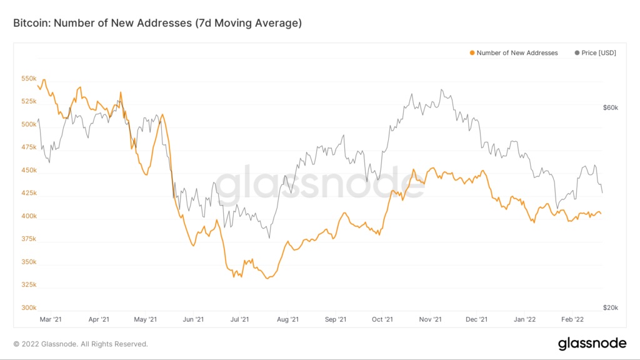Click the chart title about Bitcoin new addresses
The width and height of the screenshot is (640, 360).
[157, 23]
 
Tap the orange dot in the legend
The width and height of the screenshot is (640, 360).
[472, 53]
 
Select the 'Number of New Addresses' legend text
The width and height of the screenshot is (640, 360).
[517, 53]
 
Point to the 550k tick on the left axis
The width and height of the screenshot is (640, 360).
[29, 79]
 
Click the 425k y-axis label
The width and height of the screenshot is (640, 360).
[29, 193]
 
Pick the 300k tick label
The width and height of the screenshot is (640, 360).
[29, 308]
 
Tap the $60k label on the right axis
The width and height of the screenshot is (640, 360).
[610, 107]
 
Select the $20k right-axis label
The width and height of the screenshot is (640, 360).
[610, 308]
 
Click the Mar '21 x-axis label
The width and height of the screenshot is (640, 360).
[50, 319]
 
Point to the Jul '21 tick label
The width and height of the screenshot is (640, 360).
[240, 319]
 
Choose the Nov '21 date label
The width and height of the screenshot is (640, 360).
[430, 319]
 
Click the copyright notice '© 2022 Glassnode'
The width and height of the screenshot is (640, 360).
[81, 344]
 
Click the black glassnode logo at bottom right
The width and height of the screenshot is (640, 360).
[592, 343]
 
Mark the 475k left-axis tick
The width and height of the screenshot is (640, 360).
[29, 147]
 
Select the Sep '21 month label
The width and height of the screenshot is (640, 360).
[336, 319]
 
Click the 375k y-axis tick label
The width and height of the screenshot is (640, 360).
[29, 239]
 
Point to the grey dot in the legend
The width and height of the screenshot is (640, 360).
[576, 53]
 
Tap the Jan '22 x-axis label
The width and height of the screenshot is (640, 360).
[524, 319]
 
